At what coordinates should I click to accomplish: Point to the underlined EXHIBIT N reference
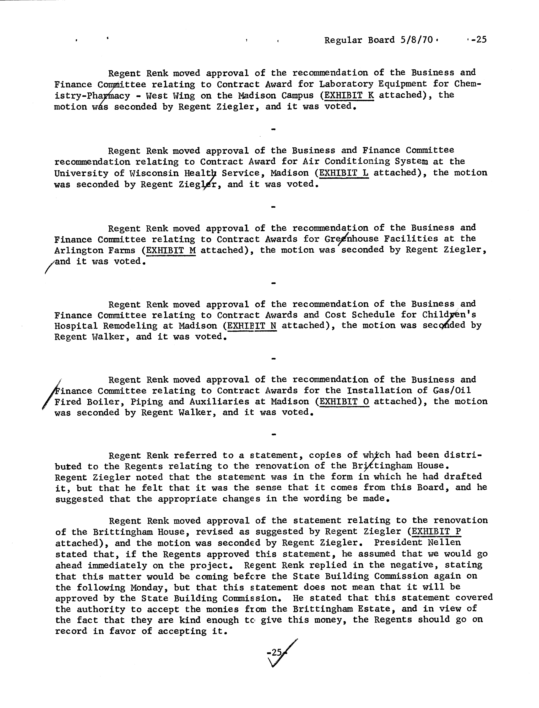(252, 326)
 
